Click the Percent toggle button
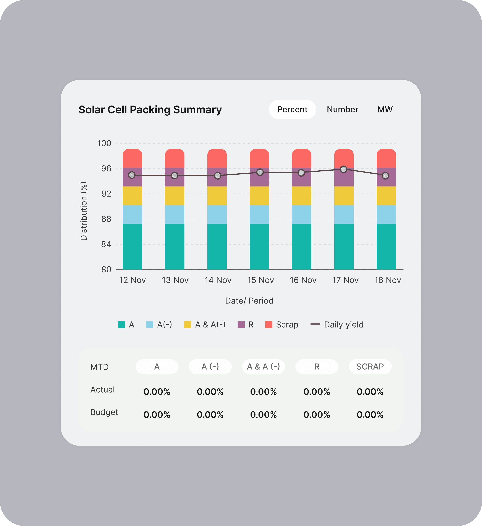tap(292, 110)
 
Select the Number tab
tap(342, 110)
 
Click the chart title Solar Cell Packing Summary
tap(150, 110)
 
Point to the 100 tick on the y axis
tap(104, 143)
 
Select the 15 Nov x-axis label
tap(260, 280)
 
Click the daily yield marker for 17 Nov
tap(344, 169)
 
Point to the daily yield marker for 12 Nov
tap(132, 175)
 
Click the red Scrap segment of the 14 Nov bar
tap(217, 158)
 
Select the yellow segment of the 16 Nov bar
tap(301, 196)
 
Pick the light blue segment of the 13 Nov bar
tap(175, 214)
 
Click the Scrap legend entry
tap(282, 325)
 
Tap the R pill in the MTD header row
tap(317, 367)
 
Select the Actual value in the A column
tap(157, 392)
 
